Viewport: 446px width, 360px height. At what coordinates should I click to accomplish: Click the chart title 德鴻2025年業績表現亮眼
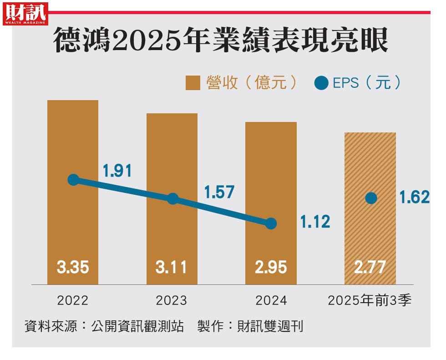click(x=221, y=41)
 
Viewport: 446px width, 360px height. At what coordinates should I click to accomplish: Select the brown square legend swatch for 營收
click(x=193, y=83)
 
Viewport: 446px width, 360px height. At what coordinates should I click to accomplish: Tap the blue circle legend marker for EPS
click(x=321, y=83)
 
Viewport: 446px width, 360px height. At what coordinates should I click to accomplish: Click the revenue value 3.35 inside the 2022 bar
click(x=73, y=267)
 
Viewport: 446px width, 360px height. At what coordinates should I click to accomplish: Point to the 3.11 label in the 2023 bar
click(x=172, y=267)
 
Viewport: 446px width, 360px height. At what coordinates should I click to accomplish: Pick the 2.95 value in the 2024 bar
click(x=271, y=267)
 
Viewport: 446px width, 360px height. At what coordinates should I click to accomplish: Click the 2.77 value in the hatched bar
click(x=370, y=267)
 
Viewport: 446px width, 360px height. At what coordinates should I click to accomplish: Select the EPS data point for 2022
click(x=73, y=180)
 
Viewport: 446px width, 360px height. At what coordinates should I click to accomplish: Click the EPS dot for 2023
click(x=172, y=198)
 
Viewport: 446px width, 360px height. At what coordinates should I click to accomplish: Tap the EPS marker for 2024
click(x=271, y=223)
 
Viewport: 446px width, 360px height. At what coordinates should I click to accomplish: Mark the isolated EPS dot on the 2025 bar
click(x=371, y=198)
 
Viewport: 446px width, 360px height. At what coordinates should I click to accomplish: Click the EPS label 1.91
click(x=117, y=171)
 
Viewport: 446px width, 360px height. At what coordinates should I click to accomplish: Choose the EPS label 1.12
click(x=315, y=222)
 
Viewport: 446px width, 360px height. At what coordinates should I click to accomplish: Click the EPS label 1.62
click(x=414, y=198)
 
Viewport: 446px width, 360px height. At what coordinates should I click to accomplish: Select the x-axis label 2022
click(x=73, y=301)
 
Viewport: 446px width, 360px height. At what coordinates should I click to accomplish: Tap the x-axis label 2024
click(x=271, y=301)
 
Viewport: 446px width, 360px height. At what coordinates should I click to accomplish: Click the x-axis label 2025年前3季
click(x=370, y=301)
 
